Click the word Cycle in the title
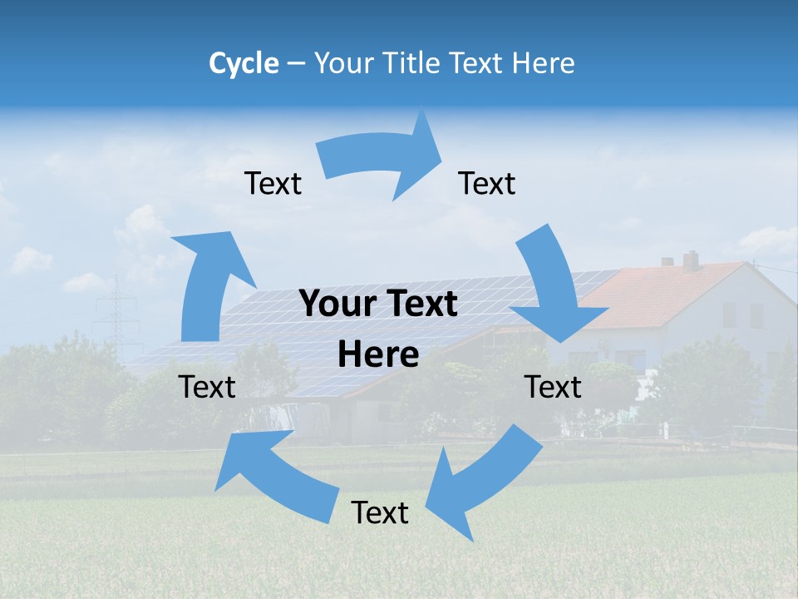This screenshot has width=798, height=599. click(244, 63)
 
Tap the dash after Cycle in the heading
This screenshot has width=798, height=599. click(296, 63)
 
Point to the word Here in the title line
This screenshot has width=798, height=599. click(544, 63)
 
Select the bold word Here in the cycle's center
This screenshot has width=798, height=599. click(378, 355)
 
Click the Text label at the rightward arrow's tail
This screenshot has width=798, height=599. click(273, 184)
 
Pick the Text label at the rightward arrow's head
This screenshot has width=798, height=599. click(487, 184)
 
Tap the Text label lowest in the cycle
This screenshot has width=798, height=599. click(380, 513)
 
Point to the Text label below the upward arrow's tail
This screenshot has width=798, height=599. click(207, 387)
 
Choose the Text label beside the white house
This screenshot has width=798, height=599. click(553, 387)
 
